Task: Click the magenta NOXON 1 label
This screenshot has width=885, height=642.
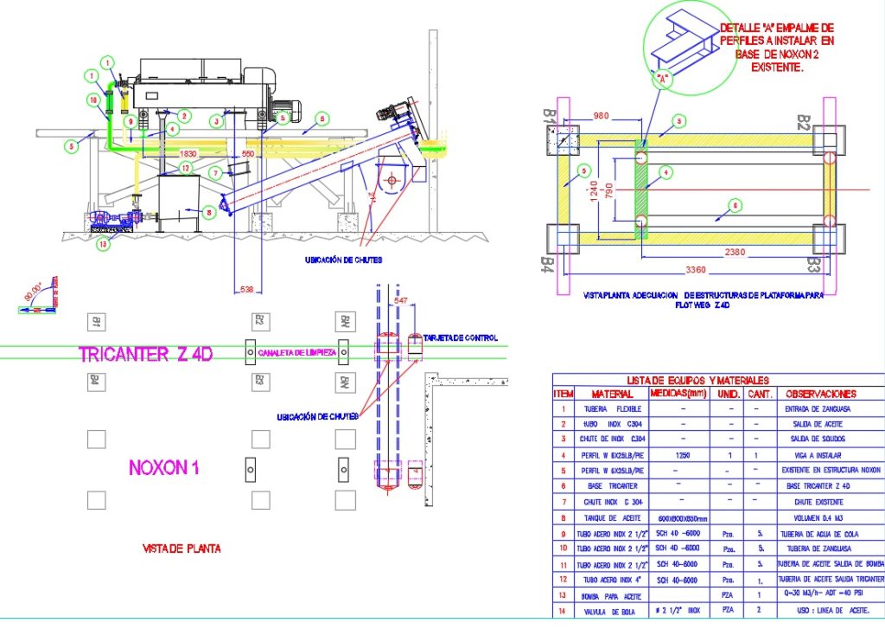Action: point(164,468)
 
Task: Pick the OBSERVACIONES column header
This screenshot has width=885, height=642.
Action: point(821,394)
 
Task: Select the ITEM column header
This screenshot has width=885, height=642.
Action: point(563,394)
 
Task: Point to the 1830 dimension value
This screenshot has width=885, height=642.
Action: point(188,153)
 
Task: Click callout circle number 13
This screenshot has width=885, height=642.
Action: point(105,244)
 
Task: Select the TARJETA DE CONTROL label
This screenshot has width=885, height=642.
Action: point(461,337)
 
